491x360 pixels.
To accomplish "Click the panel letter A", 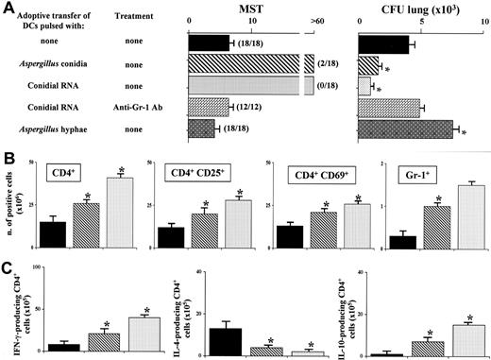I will pyautogui.click(x=8, y=9).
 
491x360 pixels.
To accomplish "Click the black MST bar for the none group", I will pyautogui.click(x=209, y=43).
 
